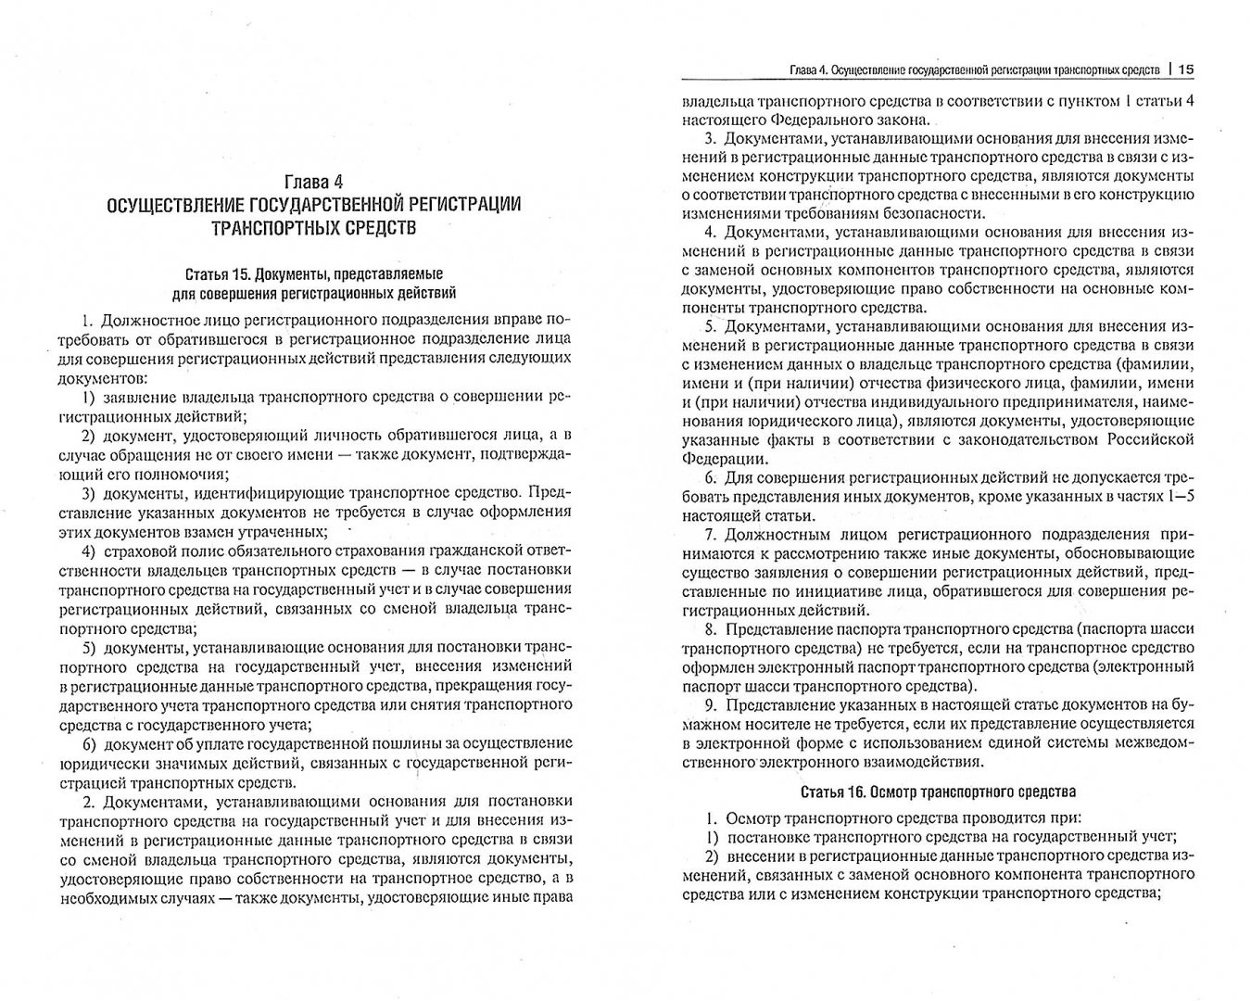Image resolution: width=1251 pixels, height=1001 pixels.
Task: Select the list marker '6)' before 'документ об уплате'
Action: click(91, 743)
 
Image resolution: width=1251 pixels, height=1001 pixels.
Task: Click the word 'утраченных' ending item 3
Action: click(288, 531)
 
